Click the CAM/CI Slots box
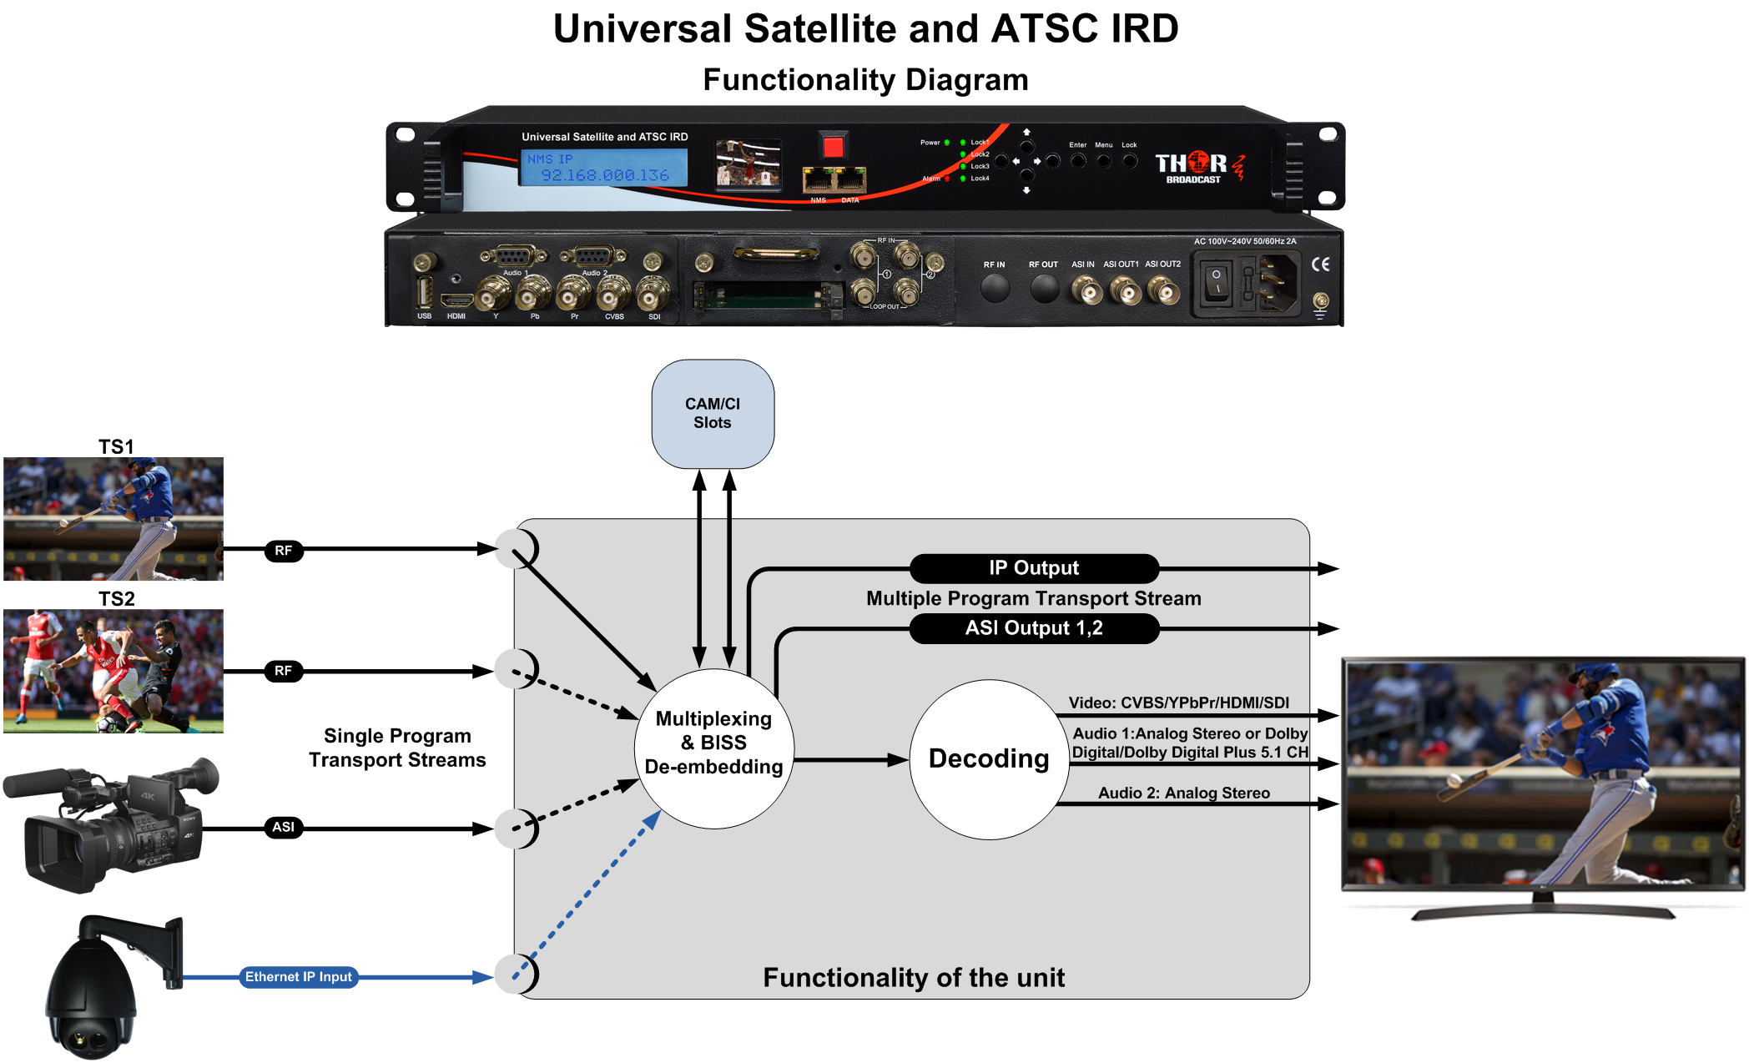pos(712,414)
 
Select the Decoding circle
pos(988,758)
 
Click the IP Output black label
pos(1033,568)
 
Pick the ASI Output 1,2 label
pos(1033,628)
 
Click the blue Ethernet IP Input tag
pos(299,977)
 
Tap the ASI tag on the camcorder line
pos(283,827)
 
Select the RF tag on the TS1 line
pos(283,551)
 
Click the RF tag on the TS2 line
pos(283,671)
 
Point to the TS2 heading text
pos(116,599)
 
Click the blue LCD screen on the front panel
pos(603,168)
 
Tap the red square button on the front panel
pos(833,148)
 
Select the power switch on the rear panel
pos(1216,285)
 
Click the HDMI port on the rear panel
pos(456,300)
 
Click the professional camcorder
pos(113,826)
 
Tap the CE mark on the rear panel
pos(1320,264)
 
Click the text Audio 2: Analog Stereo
pos(1183,793)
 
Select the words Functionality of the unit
pos(913,978)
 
